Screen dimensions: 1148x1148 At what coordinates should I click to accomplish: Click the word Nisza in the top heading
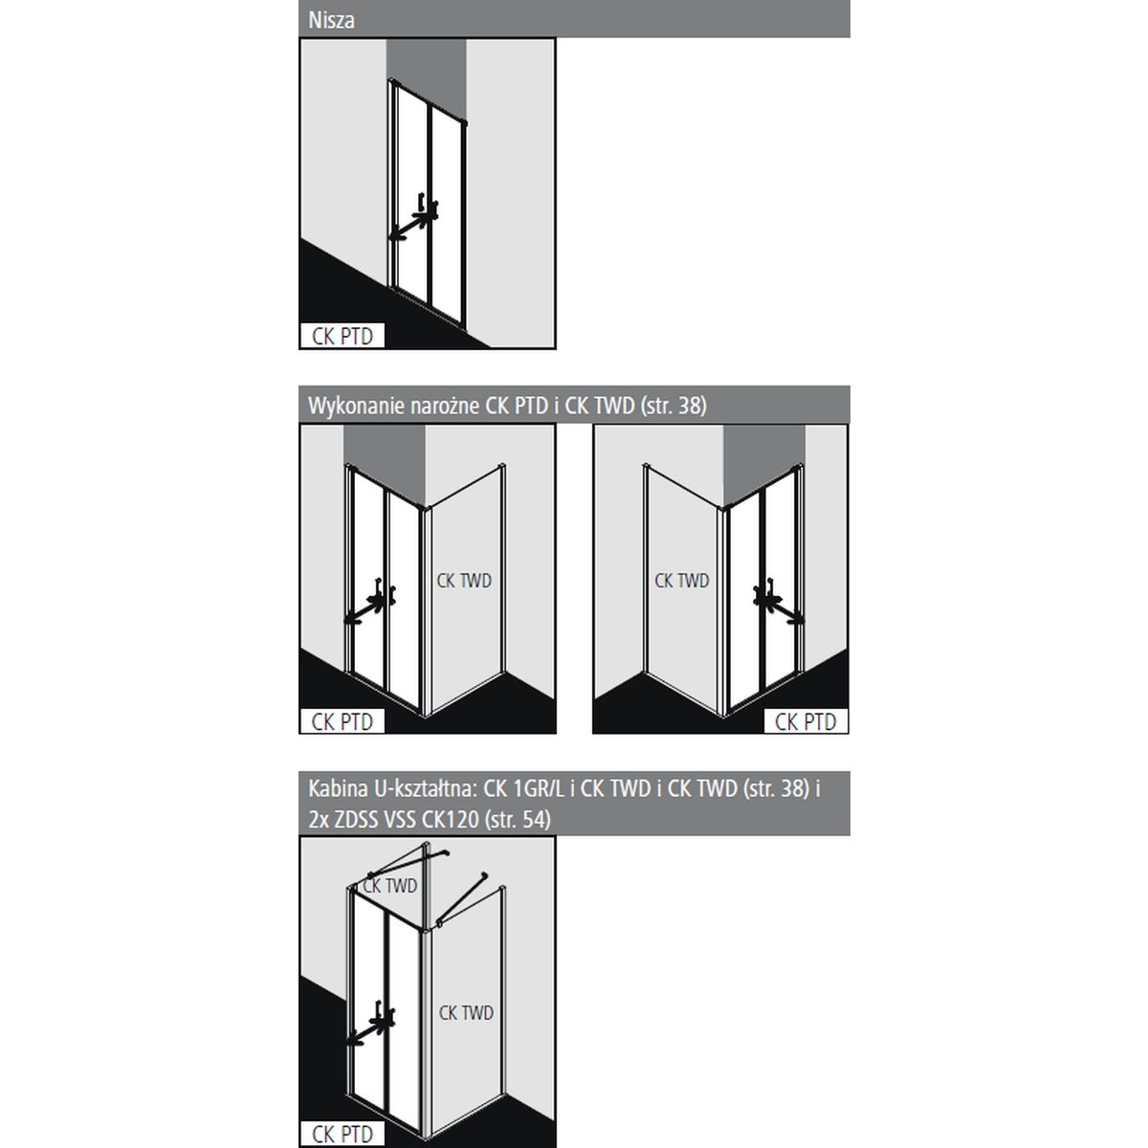[x=331, y=20]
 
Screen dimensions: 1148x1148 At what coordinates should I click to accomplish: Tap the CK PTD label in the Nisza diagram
[x=342, y=336]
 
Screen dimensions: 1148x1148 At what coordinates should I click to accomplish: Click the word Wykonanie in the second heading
[x=357, y=407]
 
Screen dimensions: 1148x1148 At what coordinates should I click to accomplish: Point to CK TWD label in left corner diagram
[x=464, y=581]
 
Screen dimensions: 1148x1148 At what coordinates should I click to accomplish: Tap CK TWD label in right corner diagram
[x=682, y=581]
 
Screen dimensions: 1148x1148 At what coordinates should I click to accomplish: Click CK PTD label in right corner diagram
[x=806, y=721]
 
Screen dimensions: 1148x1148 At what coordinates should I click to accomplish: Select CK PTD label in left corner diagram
[x=342, y=721]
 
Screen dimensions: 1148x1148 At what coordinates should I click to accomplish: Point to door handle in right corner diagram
[x=777, y=603]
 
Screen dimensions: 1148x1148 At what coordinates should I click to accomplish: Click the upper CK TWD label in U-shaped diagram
[x=390, y=886]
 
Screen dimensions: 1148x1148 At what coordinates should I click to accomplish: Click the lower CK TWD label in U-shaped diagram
[x=467, y=1013]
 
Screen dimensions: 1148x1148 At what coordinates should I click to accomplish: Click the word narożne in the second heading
[x=445, y=407]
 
